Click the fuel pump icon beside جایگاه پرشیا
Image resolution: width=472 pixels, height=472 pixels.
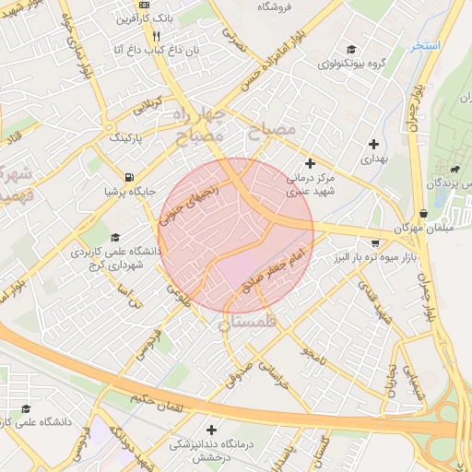(x=127, y=177)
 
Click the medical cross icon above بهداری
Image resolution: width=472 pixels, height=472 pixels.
(x=373, y=144)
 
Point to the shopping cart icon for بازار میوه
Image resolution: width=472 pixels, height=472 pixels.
(x=373, y=244)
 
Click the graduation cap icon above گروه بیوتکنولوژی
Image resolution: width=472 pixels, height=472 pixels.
(x=350, y=50)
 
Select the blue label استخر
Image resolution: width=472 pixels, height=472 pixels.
(x=427, y=45)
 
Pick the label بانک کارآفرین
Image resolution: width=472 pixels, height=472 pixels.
(x=138, y=18)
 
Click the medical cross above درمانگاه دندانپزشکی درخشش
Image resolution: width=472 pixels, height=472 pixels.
(x=212, y=430)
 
